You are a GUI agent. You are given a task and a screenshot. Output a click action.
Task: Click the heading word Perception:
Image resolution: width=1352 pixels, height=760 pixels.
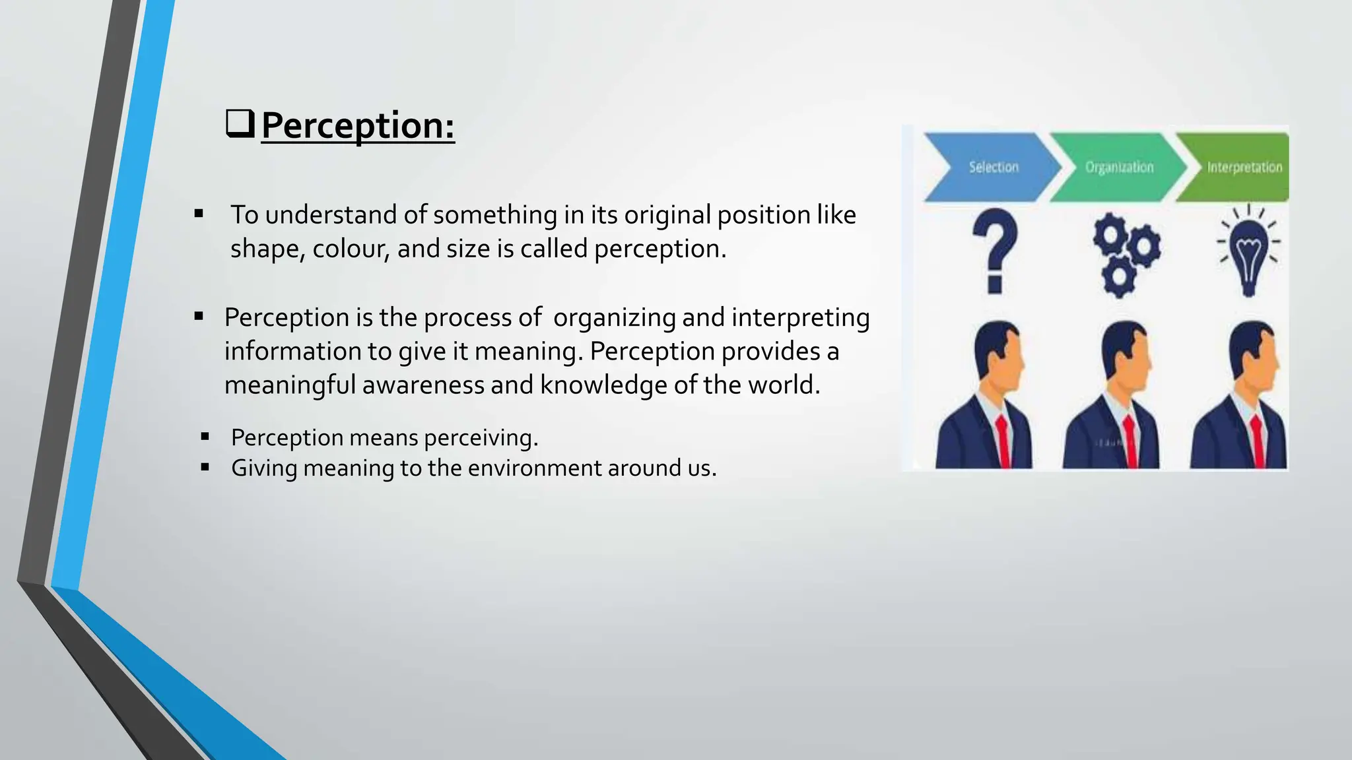point(358,125)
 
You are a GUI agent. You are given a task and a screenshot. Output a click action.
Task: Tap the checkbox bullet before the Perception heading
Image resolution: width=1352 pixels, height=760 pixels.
point(240,123)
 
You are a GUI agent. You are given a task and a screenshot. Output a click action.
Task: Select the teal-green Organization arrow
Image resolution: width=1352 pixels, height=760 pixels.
point(1116,167)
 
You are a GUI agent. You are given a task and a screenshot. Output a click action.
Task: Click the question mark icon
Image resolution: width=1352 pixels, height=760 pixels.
point(995,250)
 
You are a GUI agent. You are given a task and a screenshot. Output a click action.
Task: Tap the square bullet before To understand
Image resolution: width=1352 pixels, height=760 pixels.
point(199,213)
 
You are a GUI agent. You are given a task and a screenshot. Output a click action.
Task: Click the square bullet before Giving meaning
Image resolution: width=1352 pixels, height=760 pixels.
point(205,467)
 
